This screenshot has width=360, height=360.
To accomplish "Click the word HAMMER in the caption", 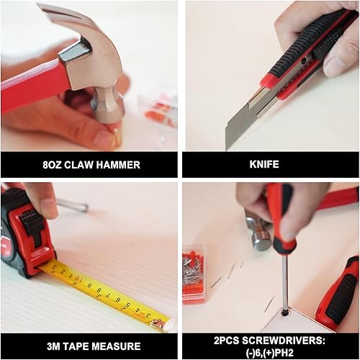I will click(x=118, y=165).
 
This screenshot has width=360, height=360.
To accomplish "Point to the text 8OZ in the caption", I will click(x=53, y=165).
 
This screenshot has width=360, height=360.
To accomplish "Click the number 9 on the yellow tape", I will click(x=90, y=287).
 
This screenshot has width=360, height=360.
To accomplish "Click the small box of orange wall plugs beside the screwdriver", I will click(x=194, y=263).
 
